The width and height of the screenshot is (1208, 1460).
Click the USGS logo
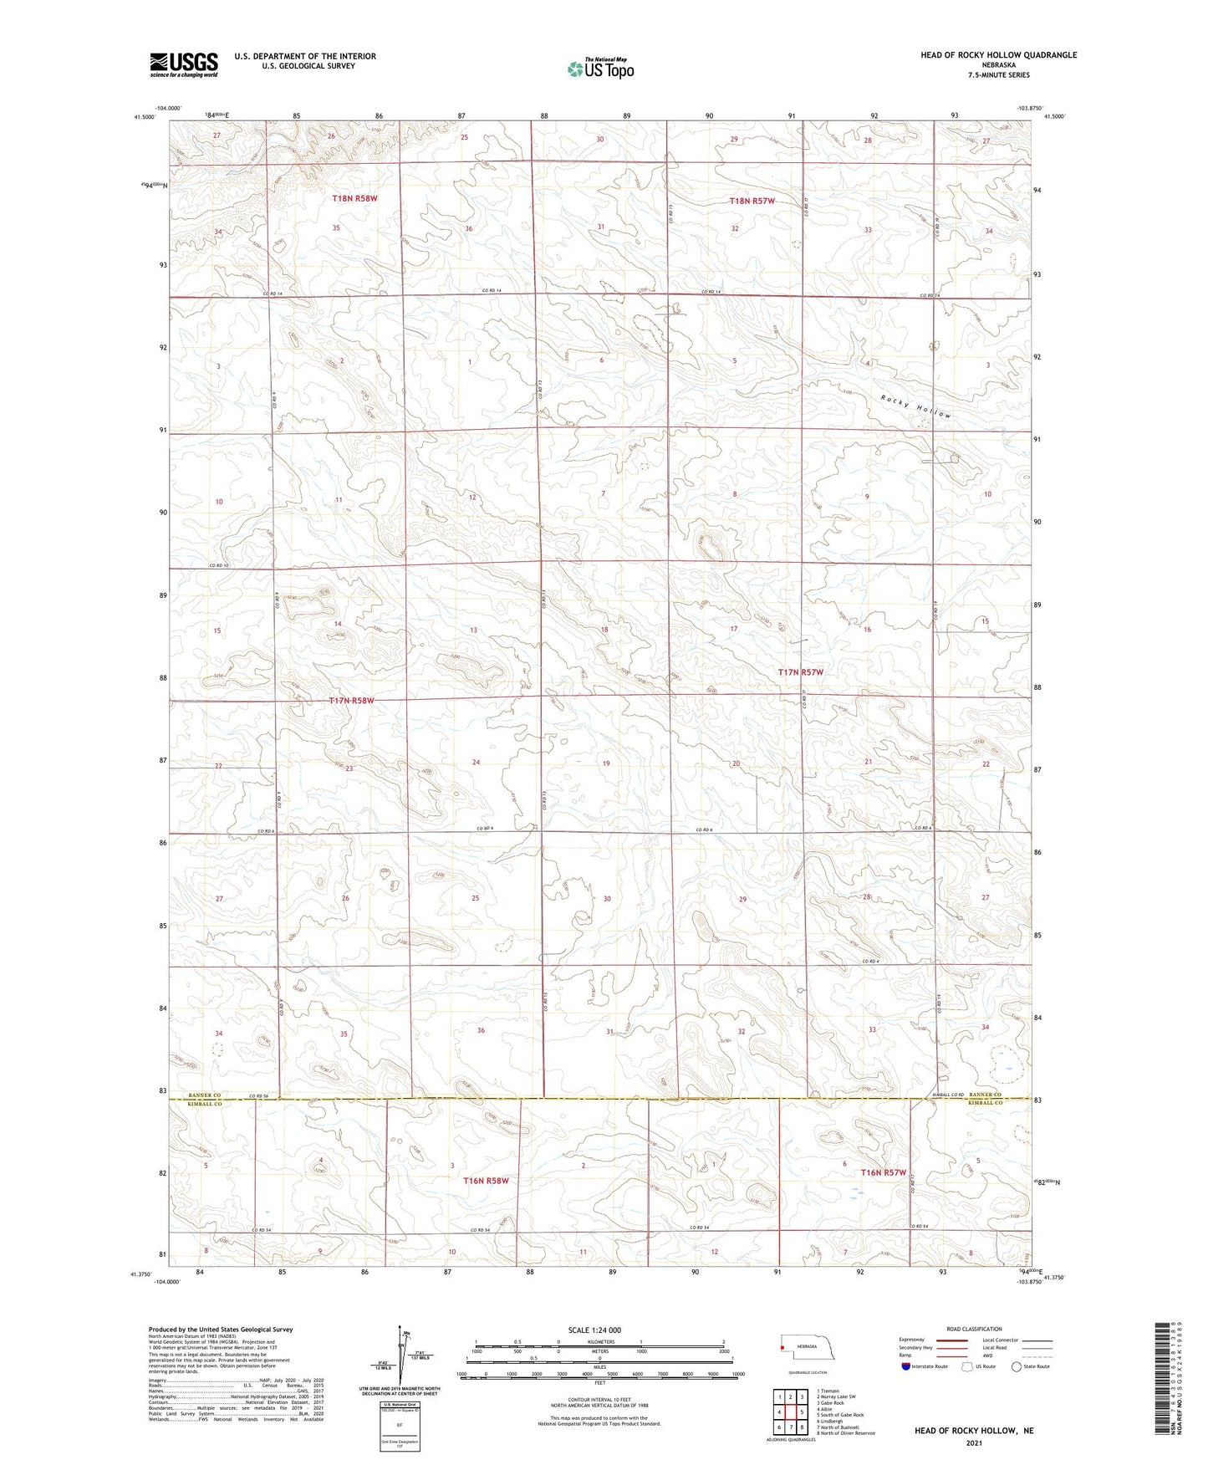(184, 64)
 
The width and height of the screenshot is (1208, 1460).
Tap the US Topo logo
(600, 69)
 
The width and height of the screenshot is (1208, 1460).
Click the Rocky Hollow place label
(915, 407)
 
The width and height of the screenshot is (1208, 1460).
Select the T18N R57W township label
(752, 202)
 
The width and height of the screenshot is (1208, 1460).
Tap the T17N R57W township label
(801, 672)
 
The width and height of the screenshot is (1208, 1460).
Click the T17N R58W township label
(351, 701)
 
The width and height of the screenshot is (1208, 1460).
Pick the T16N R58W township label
(486, 1181)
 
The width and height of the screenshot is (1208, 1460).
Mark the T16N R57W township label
(884, 1172)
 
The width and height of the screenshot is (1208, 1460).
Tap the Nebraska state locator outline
(807, 1349)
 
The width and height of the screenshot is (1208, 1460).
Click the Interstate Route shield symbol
(905, 1367)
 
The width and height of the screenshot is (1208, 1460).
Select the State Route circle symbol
(1017, 1367)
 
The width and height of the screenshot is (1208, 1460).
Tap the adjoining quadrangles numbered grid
(790, 1413)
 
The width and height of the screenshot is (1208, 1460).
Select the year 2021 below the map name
(972, 1442)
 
